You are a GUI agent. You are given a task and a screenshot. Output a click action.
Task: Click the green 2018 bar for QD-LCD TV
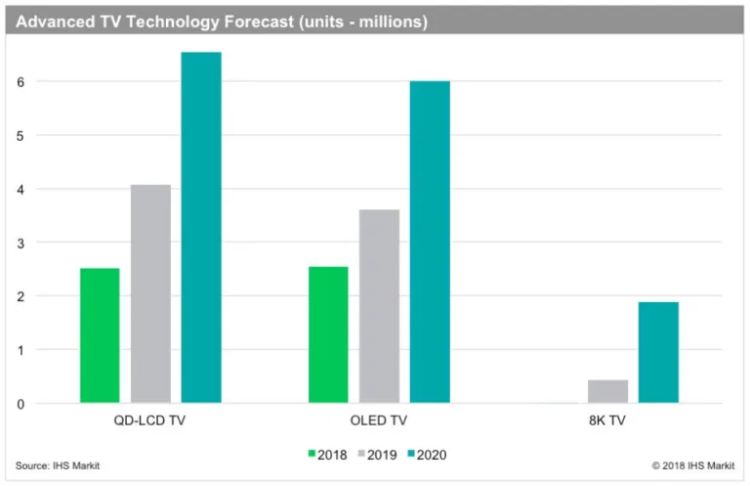[100, 335]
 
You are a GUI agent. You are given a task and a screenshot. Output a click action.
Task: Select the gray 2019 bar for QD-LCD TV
[150, 293]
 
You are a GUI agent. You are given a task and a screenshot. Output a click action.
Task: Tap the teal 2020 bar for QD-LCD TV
[201, 227]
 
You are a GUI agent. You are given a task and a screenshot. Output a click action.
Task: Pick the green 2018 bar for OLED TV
[328, 334]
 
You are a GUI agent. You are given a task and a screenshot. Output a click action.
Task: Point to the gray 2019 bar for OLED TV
[379, 306]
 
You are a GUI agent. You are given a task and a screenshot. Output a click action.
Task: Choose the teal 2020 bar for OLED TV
[430, 242]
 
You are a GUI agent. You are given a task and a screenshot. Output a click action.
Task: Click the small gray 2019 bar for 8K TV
[607, 391]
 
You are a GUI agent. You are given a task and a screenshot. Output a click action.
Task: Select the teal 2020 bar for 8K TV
[658, 352]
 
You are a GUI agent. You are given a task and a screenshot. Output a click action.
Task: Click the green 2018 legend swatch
[312, 454]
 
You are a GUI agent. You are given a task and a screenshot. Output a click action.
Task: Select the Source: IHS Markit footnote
[58, 465]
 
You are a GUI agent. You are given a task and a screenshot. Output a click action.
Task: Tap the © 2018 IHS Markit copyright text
[693, 465]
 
